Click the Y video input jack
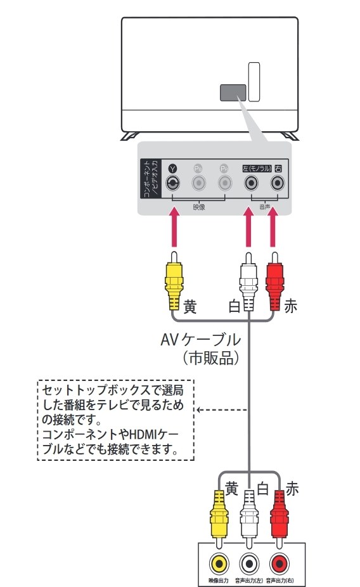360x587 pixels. click(174, 184)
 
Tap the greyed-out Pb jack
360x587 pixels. click(199, 184)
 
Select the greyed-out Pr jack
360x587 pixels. click(224, 184)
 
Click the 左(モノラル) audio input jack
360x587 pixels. click(252, 184)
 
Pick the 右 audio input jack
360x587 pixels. click(278, 184)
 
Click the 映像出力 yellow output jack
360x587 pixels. click(219, 562)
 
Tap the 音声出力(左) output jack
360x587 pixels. click(250, 562)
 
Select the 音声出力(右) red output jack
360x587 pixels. click(280, 562)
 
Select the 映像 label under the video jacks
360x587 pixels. click(198, 207)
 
